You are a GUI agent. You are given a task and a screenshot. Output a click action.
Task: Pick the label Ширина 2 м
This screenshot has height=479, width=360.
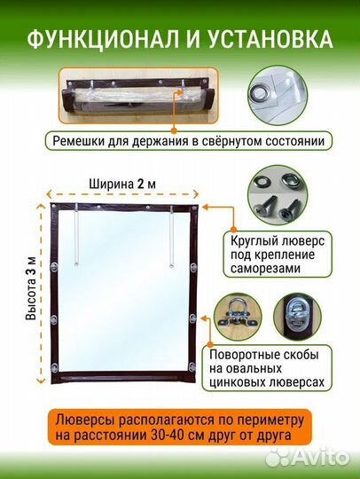coord(124,184)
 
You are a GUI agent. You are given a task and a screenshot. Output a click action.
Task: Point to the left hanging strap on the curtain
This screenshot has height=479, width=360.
coord(75,234)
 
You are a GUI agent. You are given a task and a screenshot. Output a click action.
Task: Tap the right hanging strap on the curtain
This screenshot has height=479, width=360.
coord(168,234)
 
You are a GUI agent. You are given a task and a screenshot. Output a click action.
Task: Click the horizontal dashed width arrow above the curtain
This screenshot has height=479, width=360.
coord(124,195)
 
